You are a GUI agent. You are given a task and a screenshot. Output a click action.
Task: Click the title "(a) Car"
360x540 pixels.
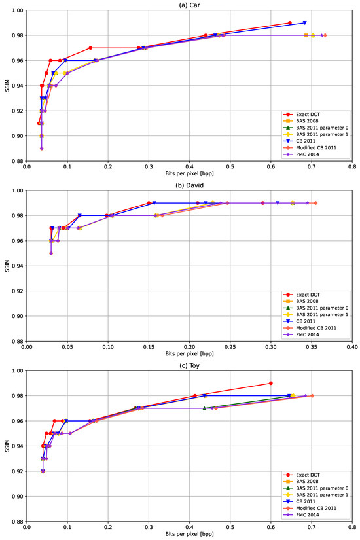coord(189,5)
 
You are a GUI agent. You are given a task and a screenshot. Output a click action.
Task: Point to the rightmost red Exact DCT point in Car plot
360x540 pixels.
coord(289,23)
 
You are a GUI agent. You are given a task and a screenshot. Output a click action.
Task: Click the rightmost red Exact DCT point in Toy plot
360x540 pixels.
coord(270,383)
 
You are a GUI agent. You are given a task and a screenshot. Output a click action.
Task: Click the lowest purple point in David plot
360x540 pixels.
coord(51,253)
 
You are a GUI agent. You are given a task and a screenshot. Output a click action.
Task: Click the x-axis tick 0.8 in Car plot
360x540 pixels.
coord(352,166)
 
